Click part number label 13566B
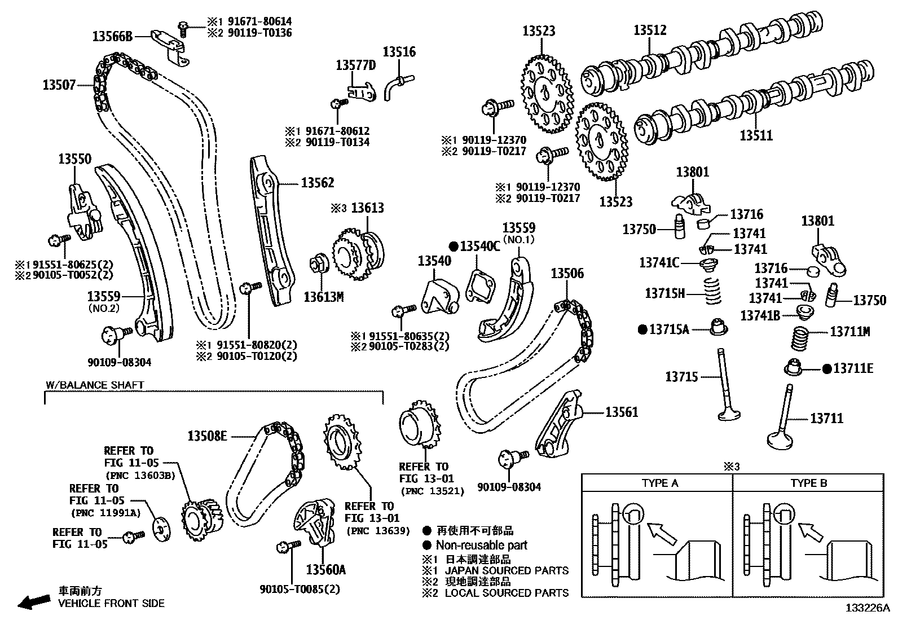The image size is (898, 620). click(112, 37)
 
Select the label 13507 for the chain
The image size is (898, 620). click(59, 85)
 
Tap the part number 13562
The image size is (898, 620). click(317, 182)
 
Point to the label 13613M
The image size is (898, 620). click(323, 296)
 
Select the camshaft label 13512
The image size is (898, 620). click(650, 30)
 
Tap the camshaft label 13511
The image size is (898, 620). click(756, 135)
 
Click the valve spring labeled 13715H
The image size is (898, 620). click(714, 292)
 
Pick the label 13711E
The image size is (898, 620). click(853, 368)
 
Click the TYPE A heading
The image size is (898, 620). click(659, 483)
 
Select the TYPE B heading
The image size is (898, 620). click(808, 483)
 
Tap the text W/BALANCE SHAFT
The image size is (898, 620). click(95, 385)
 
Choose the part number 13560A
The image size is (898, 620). click(325, 569)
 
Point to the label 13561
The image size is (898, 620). click(622, 412)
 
